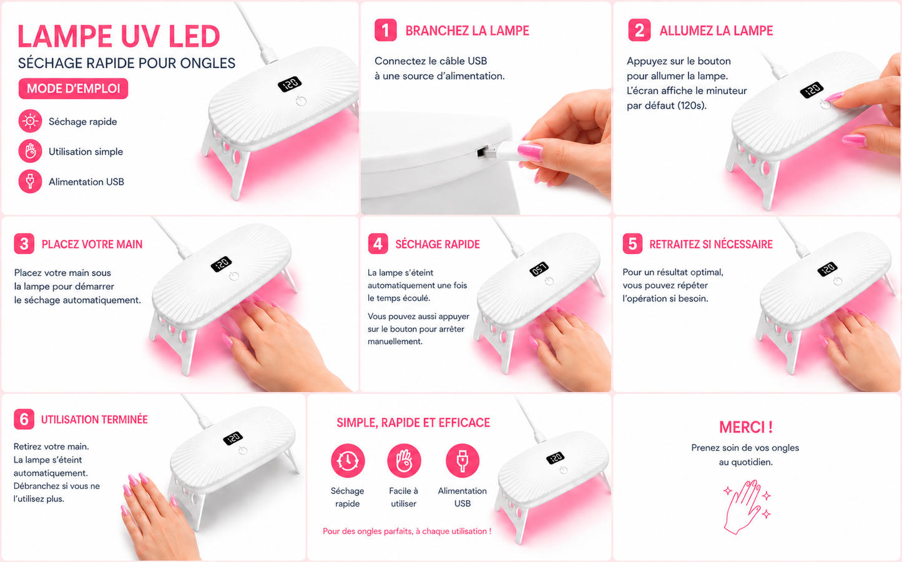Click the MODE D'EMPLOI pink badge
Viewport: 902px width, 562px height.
[73, 89]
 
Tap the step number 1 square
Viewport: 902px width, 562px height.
[385, 30]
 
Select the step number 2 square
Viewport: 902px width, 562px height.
[639, 30]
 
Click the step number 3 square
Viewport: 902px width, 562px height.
[24, 244]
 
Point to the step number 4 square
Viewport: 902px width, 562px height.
[378, 244]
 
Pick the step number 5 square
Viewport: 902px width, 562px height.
[632, 244]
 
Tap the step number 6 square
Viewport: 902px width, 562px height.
[24, 419]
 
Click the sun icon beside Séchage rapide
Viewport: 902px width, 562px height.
[30, 121]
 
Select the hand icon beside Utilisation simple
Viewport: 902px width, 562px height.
[30, 151]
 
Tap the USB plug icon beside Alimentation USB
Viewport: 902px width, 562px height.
[30, 181]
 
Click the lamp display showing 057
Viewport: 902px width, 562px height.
[539, 269]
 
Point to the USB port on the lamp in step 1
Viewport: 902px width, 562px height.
[483, 152]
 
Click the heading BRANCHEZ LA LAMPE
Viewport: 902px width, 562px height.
[467, 31]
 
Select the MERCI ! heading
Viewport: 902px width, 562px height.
[746, 427]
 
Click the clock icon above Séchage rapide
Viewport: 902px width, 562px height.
[348, 460]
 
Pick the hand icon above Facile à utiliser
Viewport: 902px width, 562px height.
[404, 460]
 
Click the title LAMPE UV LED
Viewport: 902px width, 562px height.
[119, 36]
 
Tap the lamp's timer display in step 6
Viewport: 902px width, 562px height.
[233, 438]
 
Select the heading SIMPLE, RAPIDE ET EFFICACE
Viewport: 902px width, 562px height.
[413, 423]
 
